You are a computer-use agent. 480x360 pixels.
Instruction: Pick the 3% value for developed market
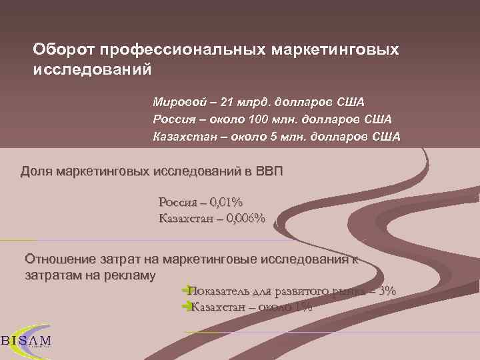(x=387, y=291)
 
